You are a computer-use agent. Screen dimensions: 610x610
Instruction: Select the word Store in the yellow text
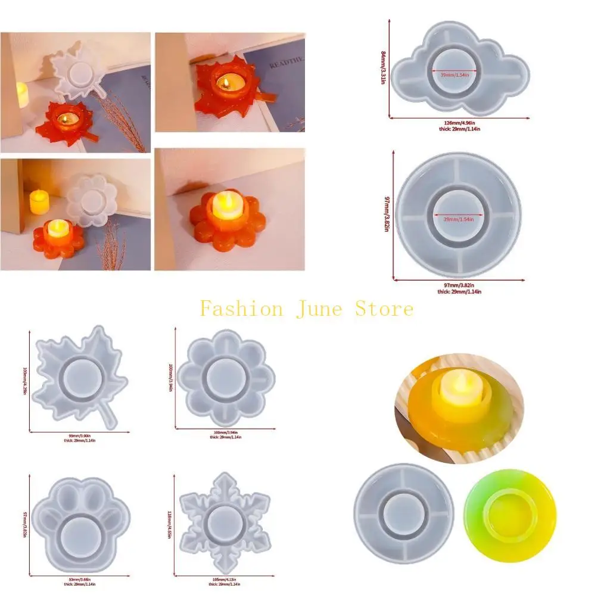(384, 309)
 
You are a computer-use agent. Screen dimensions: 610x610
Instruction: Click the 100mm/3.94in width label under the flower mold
(225, 432)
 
